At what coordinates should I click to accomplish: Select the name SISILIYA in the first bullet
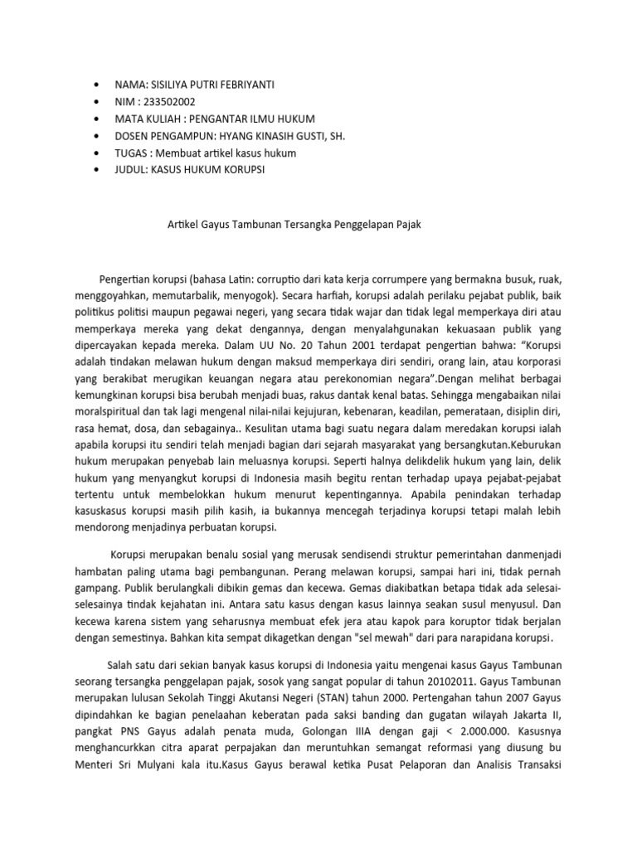[x=173, y=85]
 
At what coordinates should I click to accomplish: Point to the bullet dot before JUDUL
[x=100, y=169]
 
